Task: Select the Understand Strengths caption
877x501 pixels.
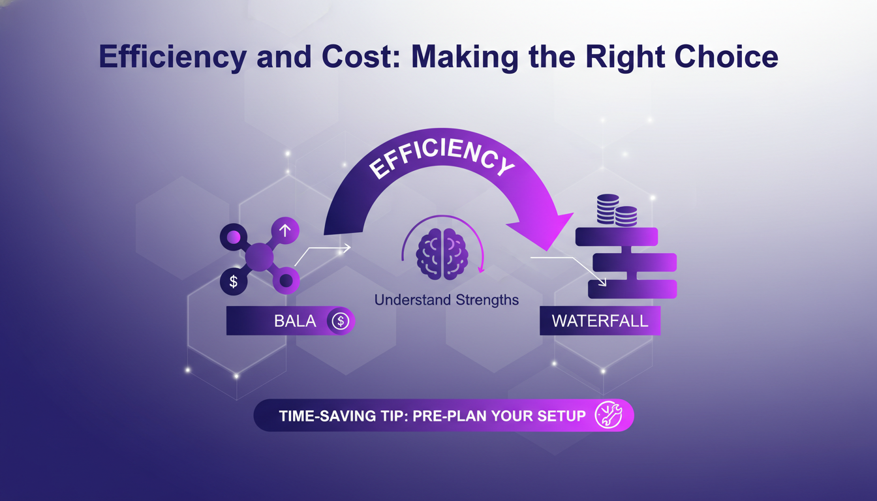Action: (446, 300)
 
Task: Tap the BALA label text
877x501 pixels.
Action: (295, 321)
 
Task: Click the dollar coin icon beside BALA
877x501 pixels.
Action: (340, 321)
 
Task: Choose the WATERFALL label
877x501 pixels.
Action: (600, 321)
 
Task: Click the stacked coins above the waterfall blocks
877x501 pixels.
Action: (617, 210)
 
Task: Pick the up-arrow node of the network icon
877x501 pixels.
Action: (285, 230)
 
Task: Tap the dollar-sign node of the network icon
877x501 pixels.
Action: (234, 281)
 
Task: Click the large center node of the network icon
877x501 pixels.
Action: (259, 256)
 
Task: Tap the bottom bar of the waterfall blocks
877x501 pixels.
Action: (632, 288)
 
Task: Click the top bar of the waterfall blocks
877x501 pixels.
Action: (617, 237)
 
